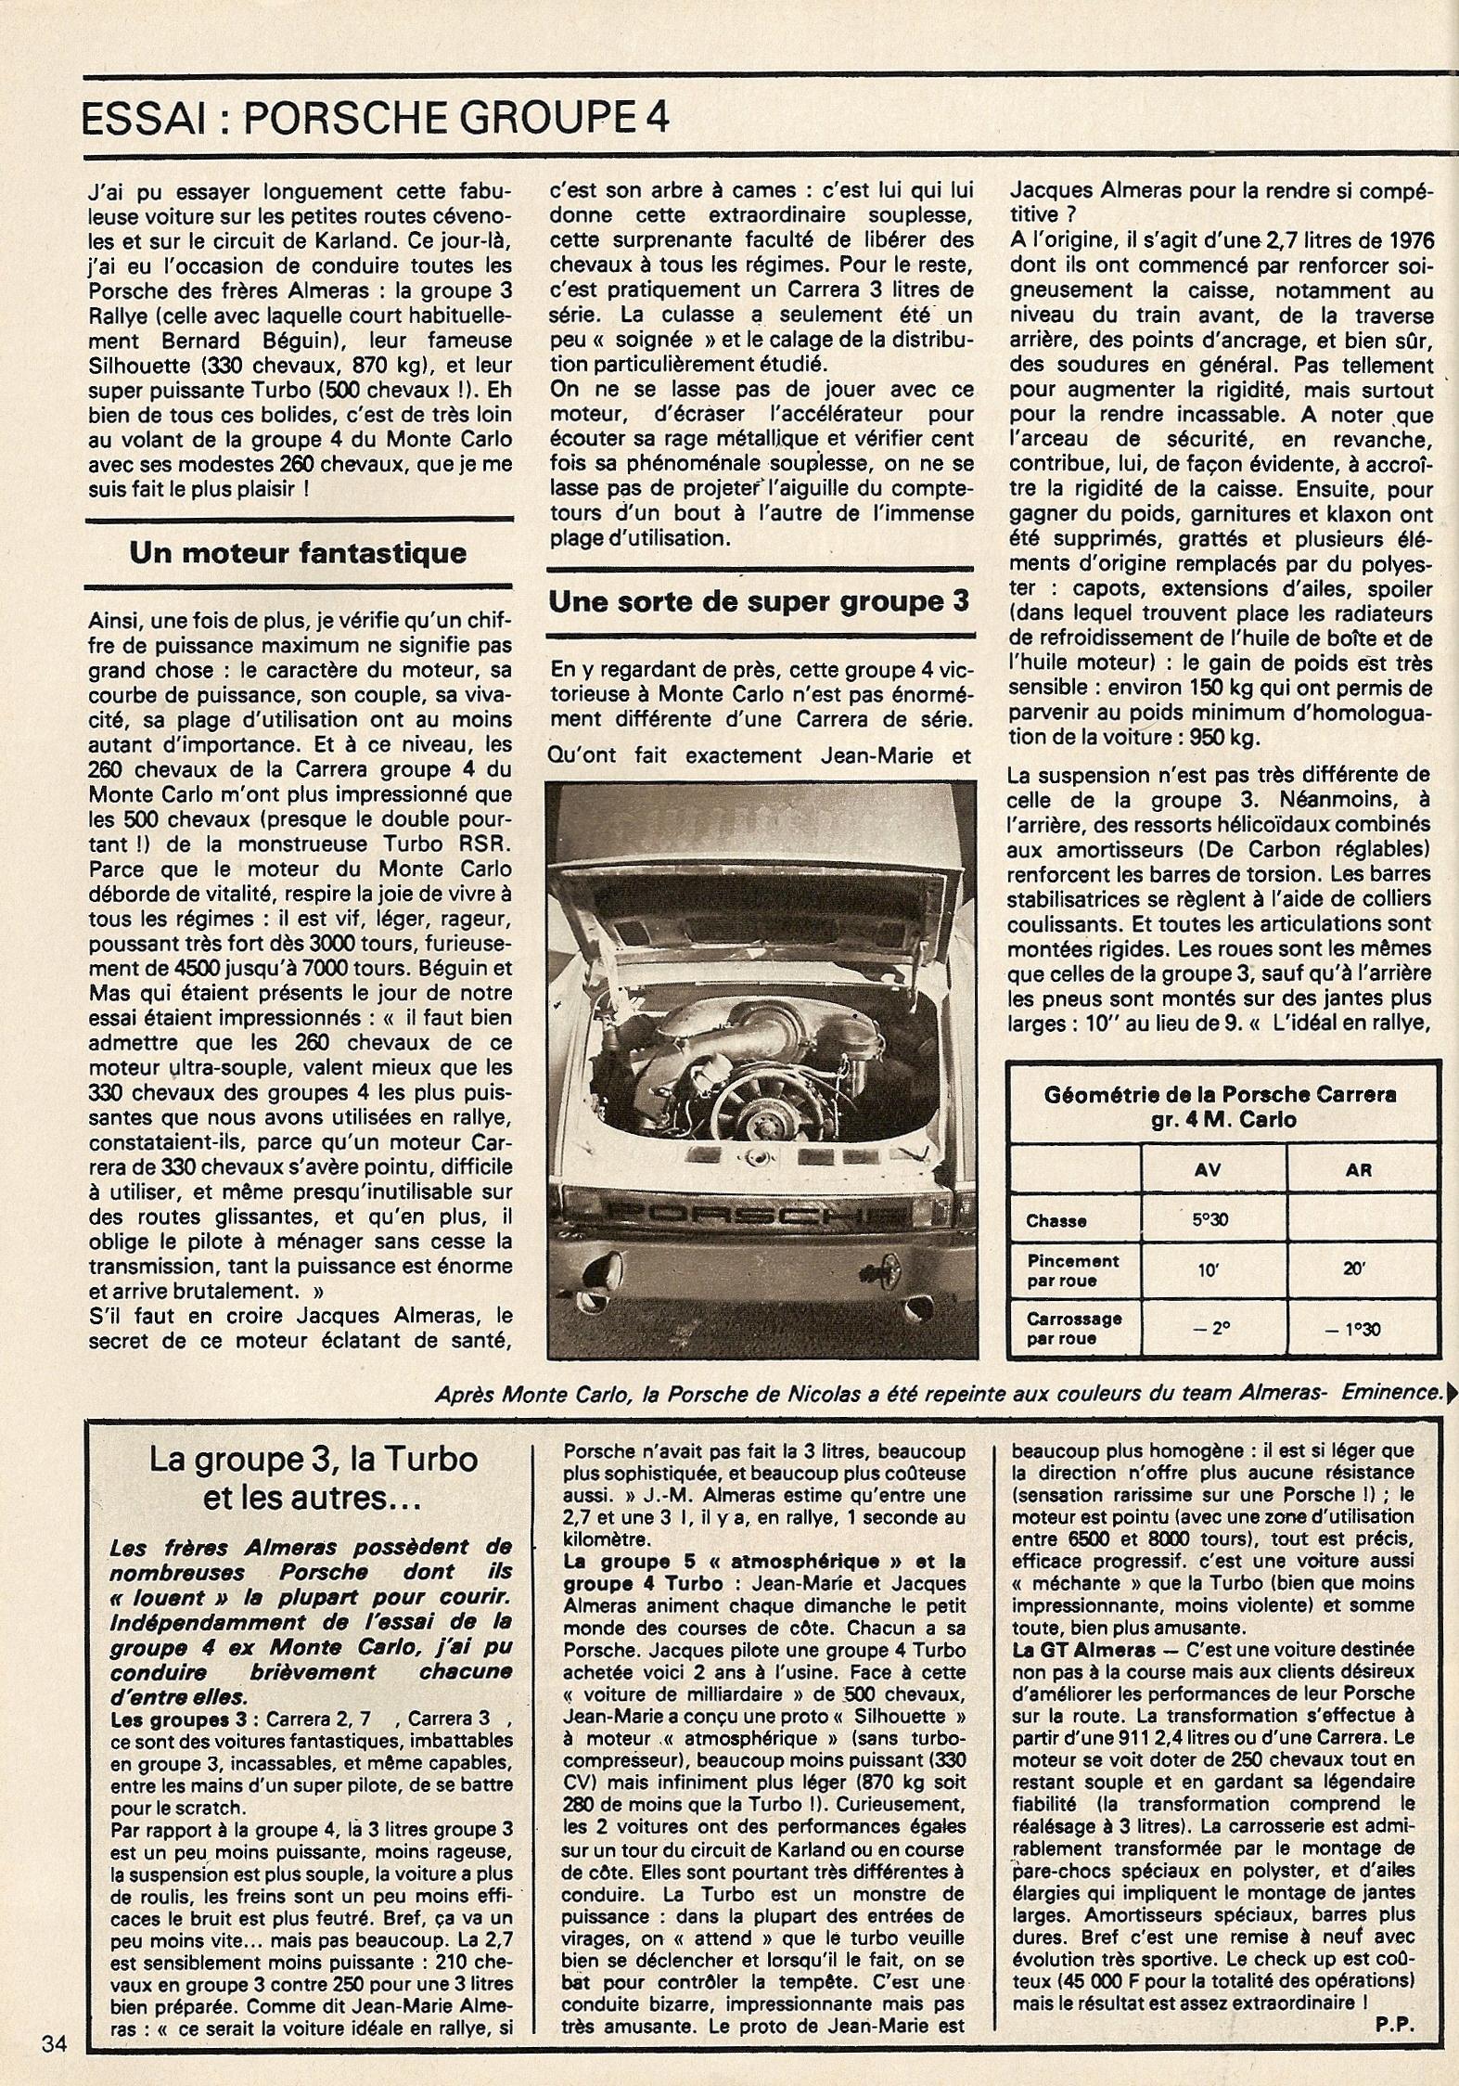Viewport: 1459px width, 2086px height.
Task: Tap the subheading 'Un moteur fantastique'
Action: click(x=298, y=553)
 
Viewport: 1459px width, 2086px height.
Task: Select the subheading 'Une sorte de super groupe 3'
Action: click(x=759, y=602)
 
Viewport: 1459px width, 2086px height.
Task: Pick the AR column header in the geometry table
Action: click(x=1358, y=1171)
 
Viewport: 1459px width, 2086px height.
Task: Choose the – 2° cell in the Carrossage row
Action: click(x=1208, y=1329)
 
